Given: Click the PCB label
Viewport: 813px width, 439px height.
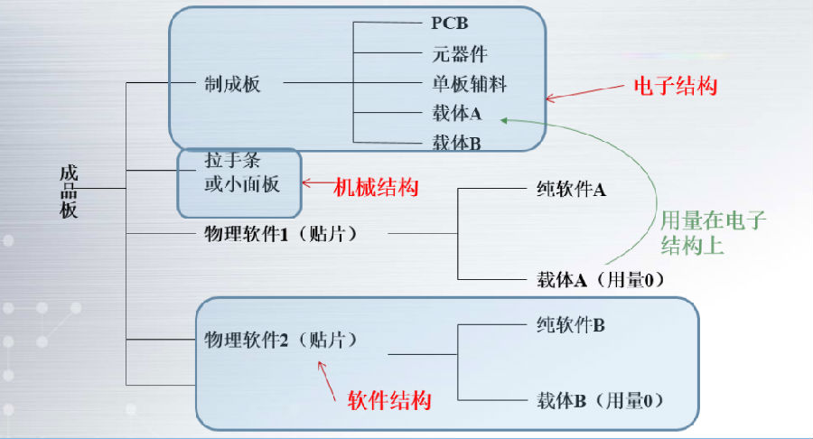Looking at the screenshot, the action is coord(450,23).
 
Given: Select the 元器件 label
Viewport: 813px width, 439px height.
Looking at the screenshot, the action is coord(460,54).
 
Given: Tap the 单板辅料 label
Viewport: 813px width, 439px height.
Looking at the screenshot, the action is coord(469,84).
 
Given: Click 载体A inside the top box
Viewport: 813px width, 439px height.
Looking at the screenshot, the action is coord(457,114).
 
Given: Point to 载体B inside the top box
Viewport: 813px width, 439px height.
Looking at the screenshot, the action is coord(457,143).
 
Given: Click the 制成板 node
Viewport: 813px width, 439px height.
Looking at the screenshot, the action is coord(232,83).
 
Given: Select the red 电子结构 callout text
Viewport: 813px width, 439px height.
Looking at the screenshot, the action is coord(676,86).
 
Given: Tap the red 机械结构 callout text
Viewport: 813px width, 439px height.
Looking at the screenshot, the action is coord(376,187).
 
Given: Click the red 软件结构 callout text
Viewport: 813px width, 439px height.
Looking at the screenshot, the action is coord(389,400).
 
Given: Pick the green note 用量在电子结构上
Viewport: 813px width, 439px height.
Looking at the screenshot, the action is coord(713,233).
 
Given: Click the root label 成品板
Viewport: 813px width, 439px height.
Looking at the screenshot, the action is coord(69,191).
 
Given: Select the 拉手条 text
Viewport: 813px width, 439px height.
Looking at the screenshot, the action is coord(232,160).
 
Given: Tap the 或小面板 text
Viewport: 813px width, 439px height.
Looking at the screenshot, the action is coord(241,184).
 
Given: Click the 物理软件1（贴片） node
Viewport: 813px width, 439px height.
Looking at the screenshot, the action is coord(281,234).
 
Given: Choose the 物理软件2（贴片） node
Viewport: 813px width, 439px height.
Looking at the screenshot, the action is coord(281,340).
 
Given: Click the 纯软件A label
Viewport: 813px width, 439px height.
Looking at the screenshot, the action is coord(571,189).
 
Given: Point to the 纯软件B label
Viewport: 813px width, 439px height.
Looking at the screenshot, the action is coord(570,325).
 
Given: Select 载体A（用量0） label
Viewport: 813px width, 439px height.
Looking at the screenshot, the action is coord(601,280).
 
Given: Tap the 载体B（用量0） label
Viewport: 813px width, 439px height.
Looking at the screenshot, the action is coord(600,400).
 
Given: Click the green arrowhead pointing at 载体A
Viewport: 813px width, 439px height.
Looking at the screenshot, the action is coord(503,120).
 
